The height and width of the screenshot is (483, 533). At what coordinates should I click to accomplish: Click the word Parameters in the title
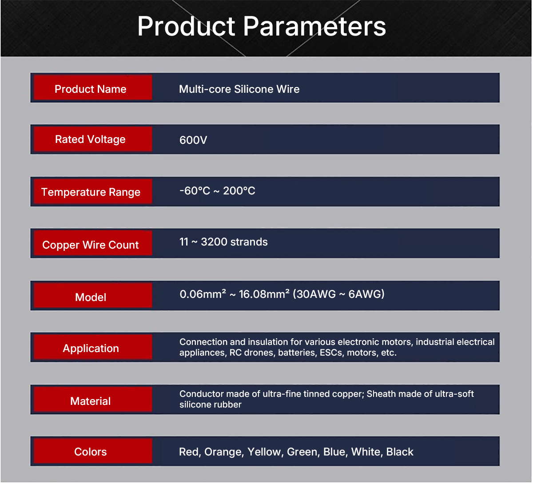click(314, 26)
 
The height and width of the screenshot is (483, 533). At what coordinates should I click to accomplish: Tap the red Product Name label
click(93, 87)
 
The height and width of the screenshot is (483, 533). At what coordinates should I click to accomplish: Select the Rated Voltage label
click(93, 139)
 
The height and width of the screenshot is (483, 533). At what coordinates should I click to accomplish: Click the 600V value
click(193, 140)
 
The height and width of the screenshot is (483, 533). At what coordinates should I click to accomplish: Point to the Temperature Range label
click(93, 191)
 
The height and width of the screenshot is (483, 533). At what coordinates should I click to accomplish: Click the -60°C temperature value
click(195, 190)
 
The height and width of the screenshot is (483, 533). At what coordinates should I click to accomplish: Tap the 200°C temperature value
click(239, 190)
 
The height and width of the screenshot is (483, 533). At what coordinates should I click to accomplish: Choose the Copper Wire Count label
click(93, 243)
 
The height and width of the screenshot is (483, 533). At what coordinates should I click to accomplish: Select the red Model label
click(93, 295)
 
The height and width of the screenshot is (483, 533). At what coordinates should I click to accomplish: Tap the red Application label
click(93, 347)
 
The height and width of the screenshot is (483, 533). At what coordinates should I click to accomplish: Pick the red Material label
click(93, 399)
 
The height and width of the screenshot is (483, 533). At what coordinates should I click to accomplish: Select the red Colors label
click(93, 451)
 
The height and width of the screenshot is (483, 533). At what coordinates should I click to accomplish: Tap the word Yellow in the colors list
click(265, 451)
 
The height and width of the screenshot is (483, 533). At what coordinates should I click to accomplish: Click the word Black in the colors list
click(400, 451)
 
